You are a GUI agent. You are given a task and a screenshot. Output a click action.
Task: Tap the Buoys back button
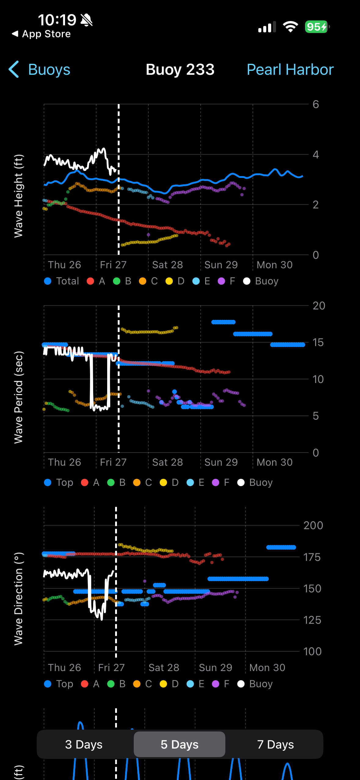click(x=40, y=70)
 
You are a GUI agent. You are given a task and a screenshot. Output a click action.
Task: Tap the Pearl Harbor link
click(x=290, y=70)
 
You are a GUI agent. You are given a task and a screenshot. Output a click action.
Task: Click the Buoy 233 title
click(x=180, y=70)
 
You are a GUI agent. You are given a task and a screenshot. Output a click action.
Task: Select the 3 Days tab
click(x=84, y=744)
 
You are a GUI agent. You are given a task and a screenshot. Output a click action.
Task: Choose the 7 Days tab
click(x=275, y=744)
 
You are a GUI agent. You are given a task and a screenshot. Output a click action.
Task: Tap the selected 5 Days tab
click(x=180, y=744)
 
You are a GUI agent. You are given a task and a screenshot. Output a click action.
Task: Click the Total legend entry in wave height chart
click(x=62, y=281)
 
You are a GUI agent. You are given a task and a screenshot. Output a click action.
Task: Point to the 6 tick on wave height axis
click(x=316, y=104)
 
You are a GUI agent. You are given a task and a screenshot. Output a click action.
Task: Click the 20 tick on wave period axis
click(x=318, y=306)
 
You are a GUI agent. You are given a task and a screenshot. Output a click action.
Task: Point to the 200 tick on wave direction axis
click(x=313, y=525)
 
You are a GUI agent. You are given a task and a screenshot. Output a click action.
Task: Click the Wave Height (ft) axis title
click(x=18, y=196)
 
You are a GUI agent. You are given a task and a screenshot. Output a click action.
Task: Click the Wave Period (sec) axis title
click(x=18, y=397)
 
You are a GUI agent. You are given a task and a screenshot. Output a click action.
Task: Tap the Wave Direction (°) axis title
click(x=18, y=599)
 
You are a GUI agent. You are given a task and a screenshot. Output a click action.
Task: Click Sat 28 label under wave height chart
click(x=167, y=265)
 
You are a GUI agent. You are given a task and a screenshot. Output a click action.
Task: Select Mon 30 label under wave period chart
click(x=274, y=462)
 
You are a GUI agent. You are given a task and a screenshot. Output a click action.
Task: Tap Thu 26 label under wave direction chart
click(x=64, y=668)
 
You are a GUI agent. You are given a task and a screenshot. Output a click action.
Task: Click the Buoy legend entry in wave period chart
click(x=255, y=482)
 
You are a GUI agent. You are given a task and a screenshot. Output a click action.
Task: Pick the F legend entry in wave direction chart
click(x=221, y=684)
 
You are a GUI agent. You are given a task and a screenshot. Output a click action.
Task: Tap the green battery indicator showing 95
click(x=317, y=27)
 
